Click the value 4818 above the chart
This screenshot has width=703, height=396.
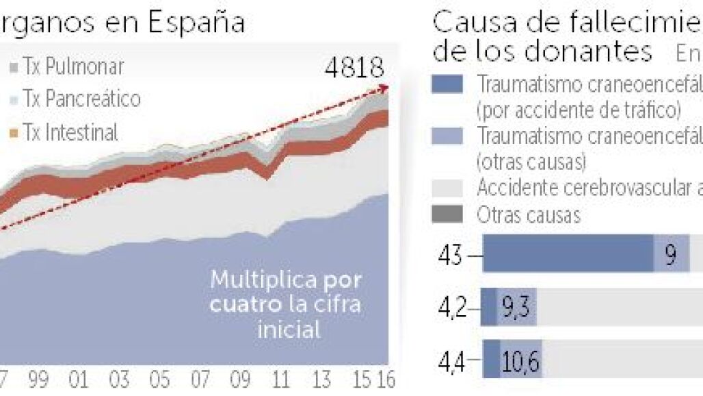(354, 68)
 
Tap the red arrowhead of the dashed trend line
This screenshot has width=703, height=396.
(385, 88)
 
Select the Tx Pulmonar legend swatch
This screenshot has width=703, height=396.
(14, 68)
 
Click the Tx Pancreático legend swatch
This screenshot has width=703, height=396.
(14, 100)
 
